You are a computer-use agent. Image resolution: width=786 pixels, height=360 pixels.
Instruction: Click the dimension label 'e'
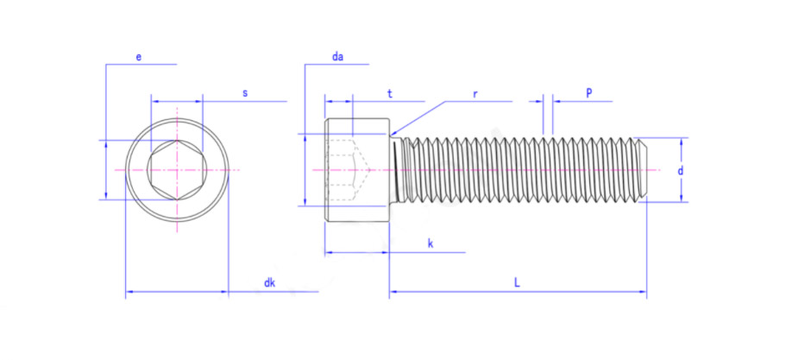[x=139, y=57]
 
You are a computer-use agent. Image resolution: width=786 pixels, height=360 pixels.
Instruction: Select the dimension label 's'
[x=245, y=93]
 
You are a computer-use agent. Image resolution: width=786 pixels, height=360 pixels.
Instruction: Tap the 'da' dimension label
[x=337, y=57]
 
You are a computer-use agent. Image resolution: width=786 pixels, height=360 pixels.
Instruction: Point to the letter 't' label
[x=389, y=92]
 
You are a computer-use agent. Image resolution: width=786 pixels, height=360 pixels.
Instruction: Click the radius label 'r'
[x=475, y=93]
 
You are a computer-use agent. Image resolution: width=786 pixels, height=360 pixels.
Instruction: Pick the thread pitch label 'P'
[x=589, y=92]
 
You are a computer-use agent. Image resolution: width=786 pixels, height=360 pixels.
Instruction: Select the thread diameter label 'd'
[x=680, y=170]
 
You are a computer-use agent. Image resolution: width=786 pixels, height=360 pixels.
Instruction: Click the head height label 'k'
[x=430, y=243]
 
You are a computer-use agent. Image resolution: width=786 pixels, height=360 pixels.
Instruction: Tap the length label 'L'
[x=517, y=282]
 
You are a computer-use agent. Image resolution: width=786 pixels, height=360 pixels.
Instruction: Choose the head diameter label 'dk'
[x=270, y=283]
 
